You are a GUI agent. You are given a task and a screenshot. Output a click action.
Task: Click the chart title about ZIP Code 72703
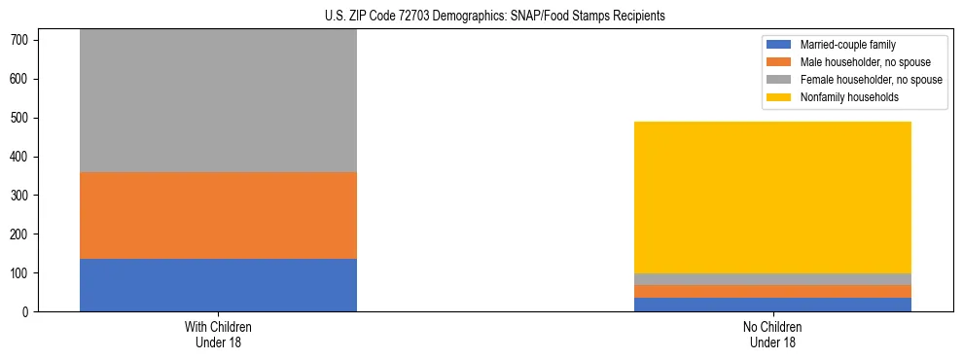coord(495,17)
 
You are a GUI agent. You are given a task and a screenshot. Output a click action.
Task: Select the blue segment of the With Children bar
coord(218,285)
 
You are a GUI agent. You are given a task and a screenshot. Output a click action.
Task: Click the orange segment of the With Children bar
coord(218,215)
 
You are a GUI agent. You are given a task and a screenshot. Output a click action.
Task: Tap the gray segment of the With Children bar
coord(218,101)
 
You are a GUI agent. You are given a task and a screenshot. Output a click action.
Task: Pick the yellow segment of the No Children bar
coord(772,198)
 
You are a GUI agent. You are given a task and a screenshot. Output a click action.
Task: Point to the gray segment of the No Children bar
coord(772,279)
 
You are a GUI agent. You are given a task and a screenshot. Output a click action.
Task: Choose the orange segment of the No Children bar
coord(772,291)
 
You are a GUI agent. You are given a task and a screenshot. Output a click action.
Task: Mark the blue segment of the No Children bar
coord(772,305)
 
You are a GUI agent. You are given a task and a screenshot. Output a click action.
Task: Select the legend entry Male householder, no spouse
coord(858,62)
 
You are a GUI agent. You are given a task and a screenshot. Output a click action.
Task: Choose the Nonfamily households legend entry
coord(842,97)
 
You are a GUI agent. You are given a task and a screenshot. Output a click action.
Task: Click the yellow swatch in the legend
coord(780,97)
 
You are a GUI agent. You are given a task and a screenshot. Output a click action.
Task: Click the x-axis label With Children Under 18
coord(218,335)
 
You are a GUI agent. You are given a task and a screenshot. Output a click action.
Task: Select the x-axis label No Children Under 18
coord(772,335)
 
